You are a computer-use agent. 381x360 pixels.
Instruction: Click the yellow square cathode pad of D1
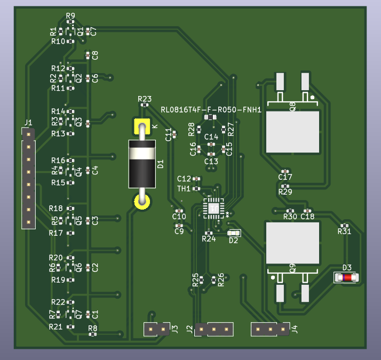[x=142, y=127]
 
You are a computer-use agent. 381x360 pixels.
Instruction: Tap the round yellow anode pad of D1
[x=142, y=201]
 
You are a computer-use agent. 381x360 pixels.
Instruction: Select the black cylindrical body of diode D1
[x=142, y=164]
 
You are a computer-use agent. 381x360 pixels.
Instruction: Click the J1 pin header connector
[x=28, y=178]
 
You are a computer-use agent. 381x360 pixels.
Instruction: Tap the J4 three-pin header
[x=270, y=329]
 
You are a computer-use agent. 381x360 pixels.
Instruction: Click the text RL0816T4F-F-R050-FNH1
[x=211, y=110]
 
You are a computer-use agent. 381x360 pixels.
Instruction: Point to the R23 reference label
[x=145, y=99]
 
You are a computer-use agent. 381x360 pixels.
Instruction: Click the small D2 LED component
[x=233, y=233]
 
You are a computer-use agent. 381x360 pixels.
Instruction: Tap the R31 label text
[x=344, y=231]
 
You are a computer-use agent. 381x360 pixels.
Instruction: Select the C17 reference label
[x=285, y=177]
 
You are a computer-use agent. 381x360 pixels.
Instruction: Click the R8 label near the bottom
[x=92, y=328]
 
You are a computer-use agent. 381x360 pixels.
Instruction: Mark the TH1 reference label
[x=184, y=188]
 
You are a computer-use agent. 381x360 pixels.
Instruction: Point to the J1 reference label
[x=28, y=123]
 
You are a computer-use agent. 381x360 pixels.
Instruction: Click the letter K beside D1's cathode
[x=155, y=126]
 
